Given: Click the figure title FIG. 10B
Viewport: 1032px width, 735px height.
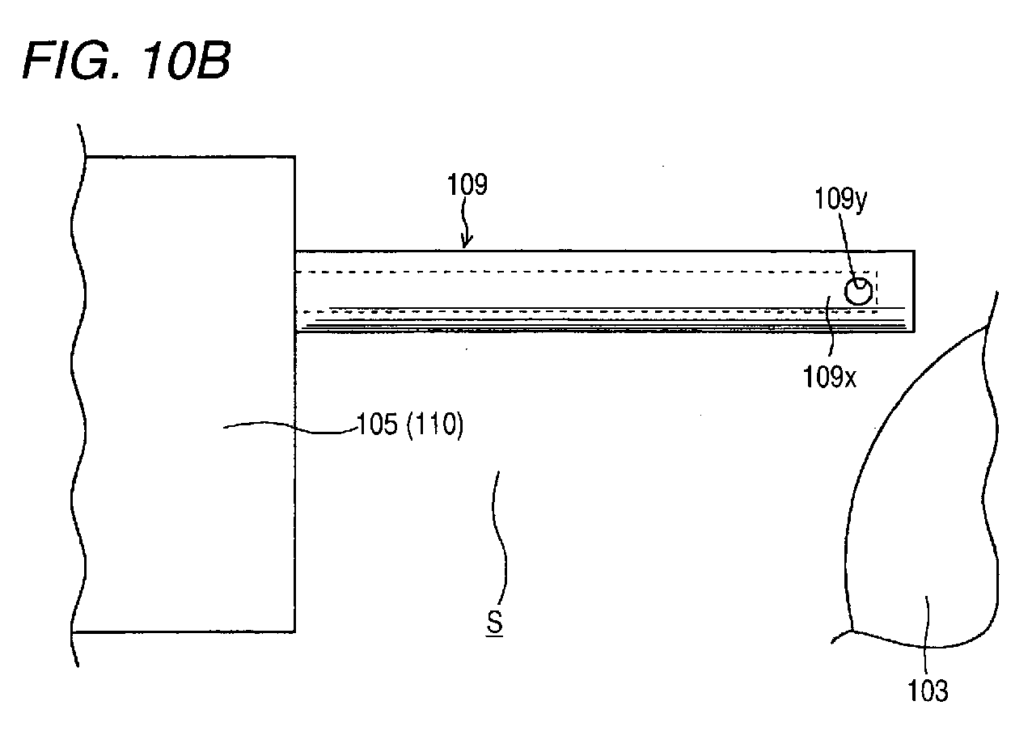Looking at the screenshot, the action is click(x=127, y=61).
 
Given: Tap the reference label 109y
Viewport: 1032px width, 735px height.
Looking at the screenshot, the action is click(x=841, y=200).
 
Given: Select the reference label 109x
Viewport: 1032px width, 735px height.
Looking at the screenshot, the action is click(x=829, y=377).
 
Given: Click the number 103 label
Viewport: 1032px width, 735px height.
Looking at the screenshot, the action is click(x=928, y=691).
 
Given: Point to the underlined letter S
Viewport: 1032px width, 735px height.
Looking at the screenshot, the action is click(x=494, y=623).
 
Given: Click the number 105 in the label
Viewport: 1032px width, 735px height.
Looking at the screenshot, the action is click(x=377, y=425).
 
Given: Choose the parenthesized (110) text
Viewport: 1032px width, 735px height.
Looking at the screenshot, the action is click(x=435, y=425).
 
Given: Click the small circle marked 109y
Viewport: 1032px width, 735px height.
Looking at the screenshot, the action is click(x=858, y=291).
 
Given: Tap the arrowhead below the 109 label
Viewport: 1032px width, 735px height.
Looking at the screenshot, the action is click(x=466, y=241).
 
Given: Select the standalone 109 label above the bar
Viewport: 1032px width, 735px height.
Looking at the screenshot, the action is click(x=467, y=184).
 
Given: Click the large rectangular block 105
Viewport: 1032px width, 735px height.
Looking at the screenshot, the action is click(x=189, y=395).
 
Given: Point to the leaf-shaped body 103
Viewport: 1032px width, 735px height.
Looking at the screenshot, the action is click(x=921, y=488).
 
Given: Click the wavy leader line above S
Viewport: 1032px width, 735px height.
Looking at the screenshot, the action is click(x=501, y=534).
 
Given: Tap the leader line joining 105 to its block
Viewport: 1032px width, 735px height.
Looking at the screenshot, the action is click(x=290, y=428).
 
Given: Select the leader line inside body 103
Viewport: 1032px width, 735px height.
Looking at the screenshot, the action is click(x=926, y=636).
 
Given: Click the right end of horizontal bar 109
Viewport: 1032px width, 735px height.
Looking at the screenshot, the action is click(x=915, y=291).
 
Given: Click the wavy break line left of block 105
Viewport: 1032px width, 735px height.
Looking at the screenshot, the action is click(x=78, y=395).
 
